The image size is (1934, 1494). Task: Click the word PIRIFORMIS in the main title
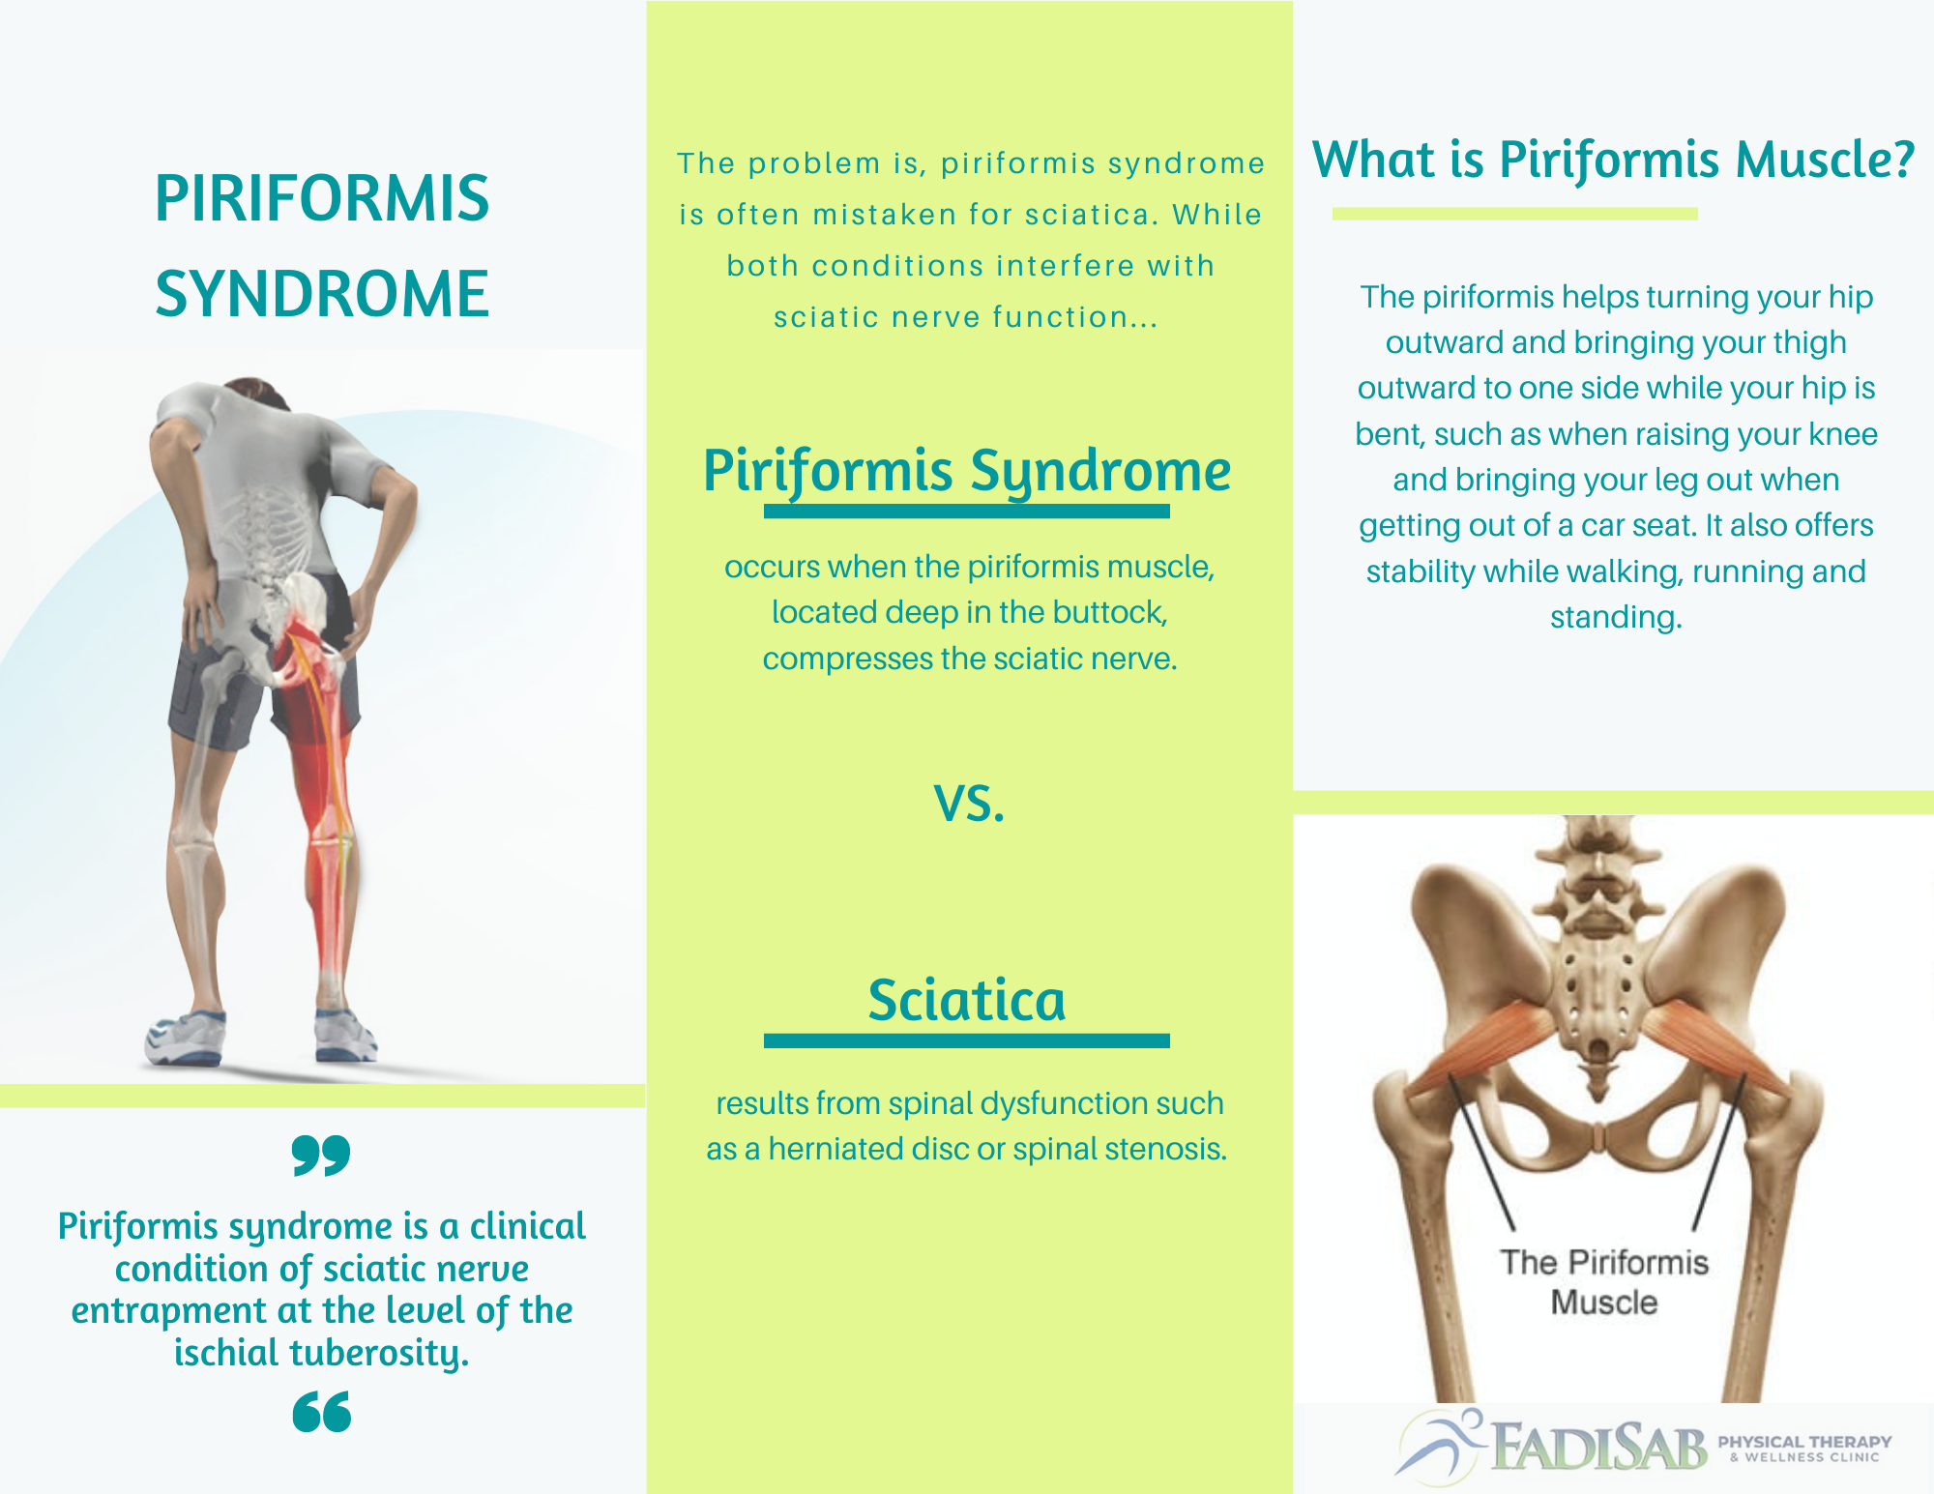[322, 198]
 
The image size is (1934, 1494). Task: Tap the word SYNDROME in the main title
[322, 293]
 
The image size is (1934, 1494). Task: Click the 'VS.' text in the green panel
[970, 804]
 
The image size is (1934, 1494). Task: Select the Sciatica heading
[967, 1000]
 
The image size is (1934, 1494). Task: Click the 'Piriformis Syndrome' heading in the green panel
[967, 472]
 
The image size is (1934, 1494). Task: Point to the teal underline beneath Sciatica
[967, 1040]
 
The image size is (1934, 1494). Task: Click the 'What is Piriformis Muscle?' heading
[1613, 160]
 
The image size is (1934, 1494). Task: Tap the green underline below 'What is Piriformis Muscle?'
[1514, 214]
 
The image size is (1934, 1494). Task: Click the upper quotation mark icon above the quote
[321, 1156]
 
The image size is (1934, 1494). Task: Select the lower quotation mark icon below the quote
[321, 1412]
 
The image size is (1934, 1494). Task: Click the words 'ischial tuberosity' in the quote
[321, 1353]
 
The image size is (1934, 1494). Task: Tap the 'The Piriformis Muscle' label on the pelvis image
[1604, 1282]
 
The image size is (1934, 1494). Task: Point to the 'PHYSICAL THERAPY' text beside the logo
[1804, 1442]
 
